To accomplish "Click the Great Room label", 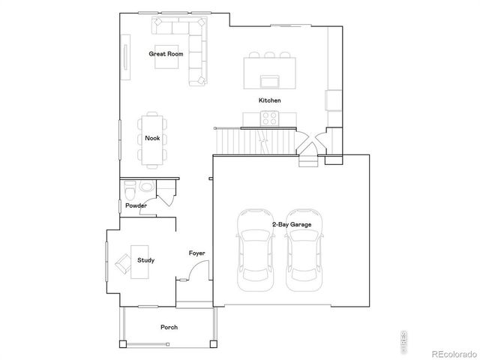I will (x=166, y=54).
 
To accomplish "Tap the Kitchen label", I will (x=269, y=100).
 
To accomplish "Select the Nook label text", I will (x=152, y=138).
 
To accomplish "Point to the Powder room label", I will (x=136, y=205).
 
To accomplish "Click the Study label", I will (x=145, y=260).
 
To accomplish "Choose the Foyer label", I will (x=196, y=253).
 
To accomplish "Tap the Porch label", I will (x=169, y=327).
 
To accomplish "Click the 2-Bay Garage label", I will (x=291, y=223).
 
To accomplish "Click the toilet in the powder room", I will (x=129, y=186).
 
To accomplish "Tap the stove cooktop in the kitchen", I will (x=269, y=117).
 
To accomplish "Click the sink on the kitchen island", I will (x=268, y=80).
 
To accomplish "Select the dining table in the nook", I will (x=152, y=139).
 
